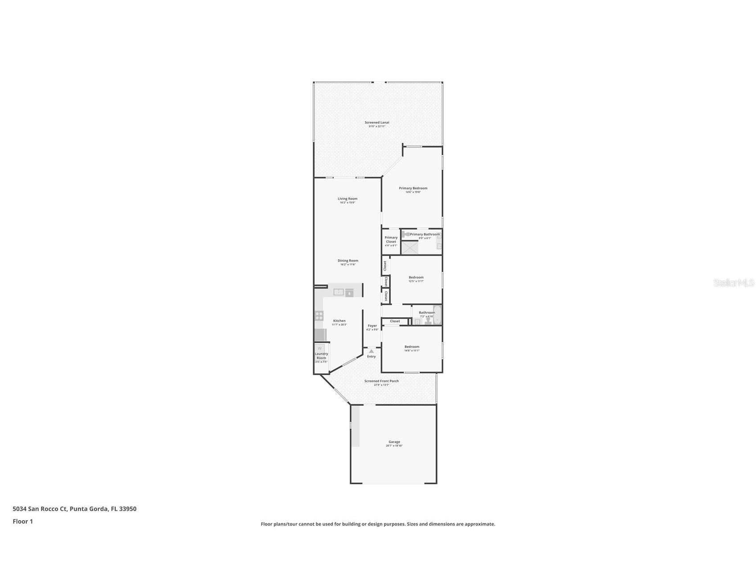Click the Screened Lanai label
click(377, 122)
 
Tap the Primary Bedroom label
click(413, 188)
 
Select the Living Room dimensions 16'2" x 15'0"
click(347, 203)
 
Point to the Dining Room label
click(348, 261)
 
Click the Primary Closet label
click(391, 239)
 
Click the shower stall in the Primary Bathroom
click(410, 247)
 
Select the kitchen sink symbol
click(339, 292)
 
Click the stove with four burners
click(319, 316)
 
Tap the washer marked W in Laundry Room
click(319, 348)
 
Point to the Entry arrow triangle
click(372, 351)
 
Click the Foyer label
click(372, 326)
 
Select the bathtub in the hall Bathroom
click(437, 315)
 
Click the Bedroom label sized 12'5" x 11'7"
click(416, 277)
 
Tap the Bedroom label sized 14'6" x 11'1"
click(412, 347)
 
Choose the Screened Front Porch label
click(382, 381)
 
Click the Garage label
click(394, 442)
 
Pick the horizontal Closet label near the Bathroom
click(395, 321)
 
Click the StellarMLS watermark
click(733, 283)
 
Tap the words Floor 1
click(23, 522)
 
